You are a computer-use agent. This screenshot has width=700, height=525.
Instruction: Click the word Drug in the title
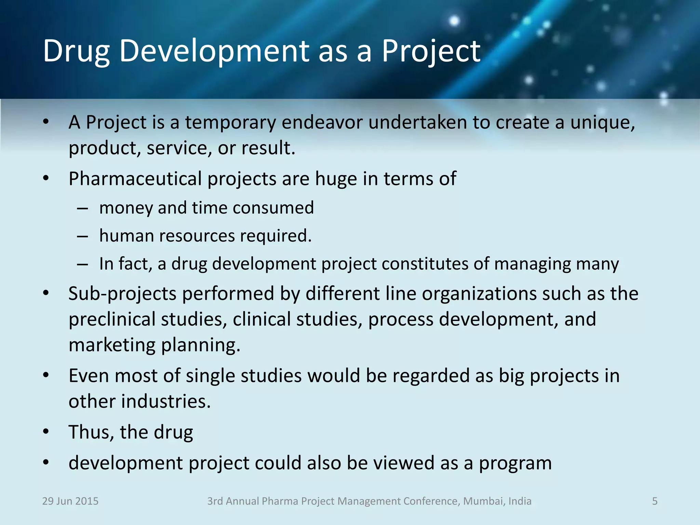(76, 51)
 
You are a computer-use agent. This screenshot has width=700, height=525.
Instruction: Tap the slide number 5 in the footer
(655, 501)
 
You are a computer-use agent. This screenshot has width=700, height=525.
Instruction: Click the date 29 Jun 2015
(70, 501)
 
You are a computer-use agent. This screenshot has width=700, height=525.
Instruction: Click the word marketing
(112, 345)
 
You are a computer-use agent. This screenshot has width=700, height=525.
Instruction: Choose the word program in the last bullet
(515, 463)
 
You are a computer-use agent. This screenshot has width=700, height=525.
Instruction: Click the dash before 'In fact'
(82, 264)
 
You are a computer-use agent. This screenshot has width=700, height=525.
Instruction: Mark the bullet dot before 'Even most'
(46, 375)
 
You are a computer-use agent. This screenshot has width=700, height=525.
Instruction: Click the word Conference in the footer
(432, 501)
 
